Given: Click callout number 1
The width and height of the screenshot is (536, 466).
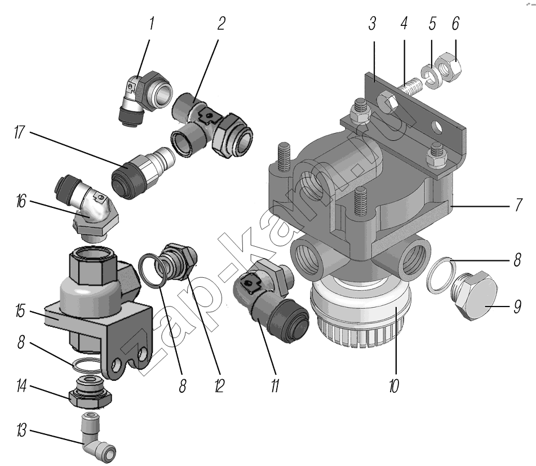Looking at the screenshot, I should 151,24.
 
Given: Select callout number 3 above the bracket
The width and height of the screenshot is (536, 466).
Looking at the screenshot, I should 373,24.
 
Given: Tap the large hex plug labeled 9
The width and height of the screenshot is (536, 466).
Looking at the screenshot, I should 475,296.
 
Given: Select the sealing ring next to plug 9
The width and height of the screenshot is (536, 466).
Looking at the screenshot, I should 438,276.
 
